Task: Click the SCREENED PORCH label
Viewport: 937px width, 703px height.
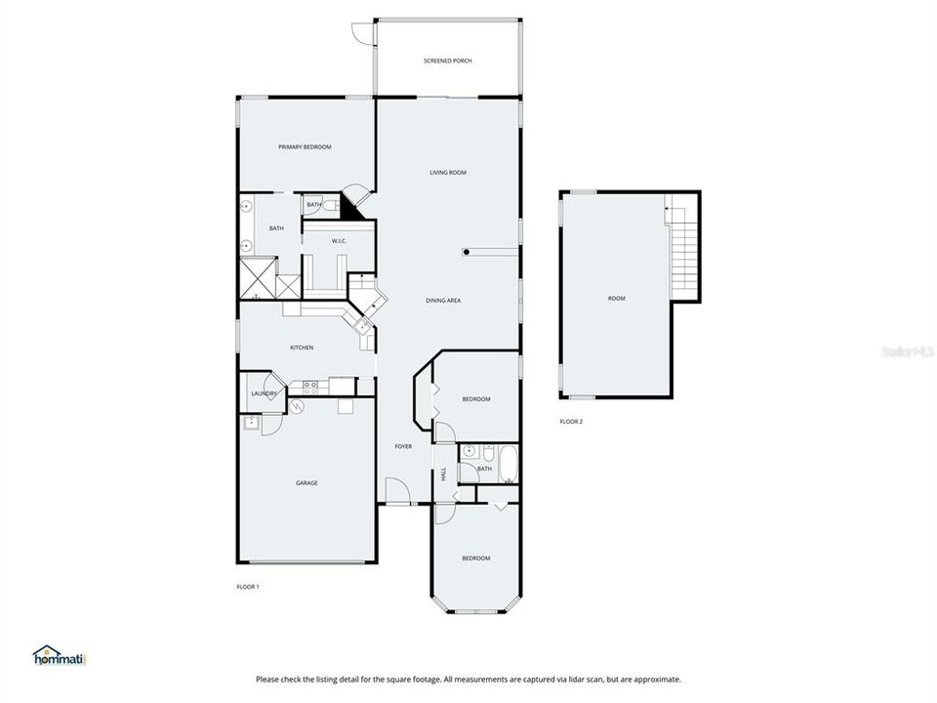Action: pyautogui.click(x=448, y=61)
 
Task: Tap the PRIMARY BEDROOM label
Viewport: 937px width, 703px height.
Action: pyautogui.click(x=305, y=147)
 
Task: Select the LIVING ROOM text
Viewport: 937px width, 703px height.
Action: pyautogui.click(x=448, y=173)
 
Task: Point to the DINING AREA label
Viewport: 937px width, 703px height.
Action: pyautogui.click(x=443, y=301)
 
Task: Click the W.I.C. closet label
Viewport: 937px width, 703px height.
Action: pyautogui.click(x=340, y=241)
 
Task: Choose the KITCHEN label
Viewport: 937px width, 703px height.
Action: pyautogui.click(x=301, y=349)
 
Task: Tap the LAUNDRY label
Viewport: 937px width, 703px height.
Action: pyautogui.click(x=264, y=394)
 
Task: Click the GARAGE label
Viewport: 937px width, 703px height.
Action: pyautogui.click(x=307, y=483)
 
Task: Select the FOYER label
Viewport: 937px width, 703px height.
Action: pyautogui.click(x=403, y=447)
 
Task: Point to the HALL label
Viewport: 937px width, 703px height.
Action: pyautogui.click(x=443, y=473)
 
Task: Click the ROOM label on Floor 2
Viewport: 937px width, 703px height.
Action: pyautogui.click(x=616, y=299)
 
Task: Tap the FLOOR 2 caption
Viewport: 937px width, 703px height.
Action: pyautogui.click(x=571, y=422)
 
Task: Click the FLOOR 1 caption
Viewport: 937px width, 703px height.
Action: pyautogui.click(x=248, y=587)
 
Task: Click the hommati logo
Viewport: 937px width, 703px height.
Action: pyautogui.click(x=61, y=656)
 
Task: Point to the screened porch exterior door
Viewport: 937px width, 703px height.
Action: pyautogui.click(x=363, y=31)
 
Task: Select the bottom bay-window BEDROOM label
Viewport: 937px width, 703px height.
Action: pyautogui.click(x=475, y=558)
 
